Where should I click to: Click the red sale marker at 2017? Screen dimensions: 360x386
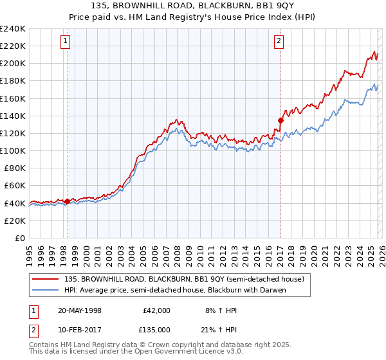point(280,120)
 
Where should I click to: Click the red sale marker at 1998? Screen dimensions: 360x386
point(67,201)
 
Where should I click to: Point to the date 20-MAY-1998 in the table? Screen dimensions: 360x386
point(79,310)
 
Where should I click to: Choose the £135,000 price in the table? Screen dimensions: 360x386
point(157,330)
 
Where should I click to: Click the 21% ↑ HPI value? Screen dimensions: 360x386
point(217,330)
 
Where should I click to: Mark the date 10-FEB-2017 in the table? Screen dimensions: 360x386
point(79,330)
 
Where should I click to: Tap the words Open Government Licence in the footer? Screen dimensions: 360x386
point(190,352)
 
